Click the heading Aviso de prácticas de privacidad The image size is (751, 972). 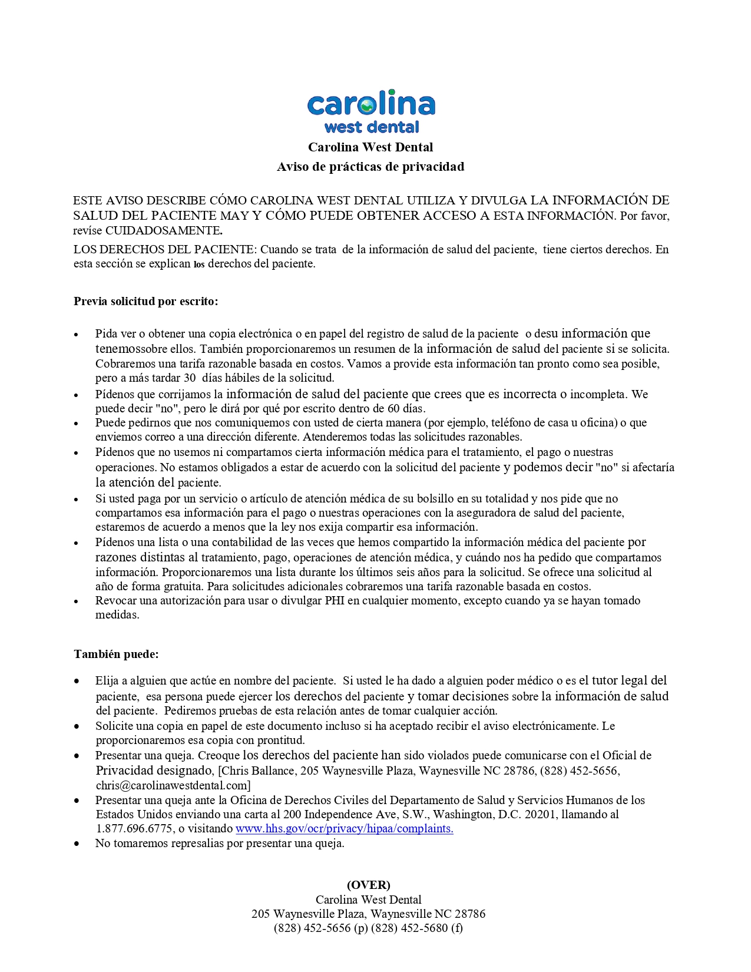point(370,167)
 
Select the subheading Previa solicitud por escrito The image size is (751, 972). point(145,302)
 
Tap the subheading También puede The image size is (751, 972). point(116,654)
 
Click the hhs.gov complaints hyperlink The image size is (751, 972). point(344,829)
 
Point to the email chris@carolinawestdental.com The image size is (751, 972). point(173,785)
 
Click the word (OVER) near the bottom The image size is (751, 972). point(368,885)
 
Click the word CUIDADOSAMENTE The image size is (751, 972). point(163,230)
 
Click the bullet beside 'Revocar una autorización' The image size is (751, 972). point(77,601)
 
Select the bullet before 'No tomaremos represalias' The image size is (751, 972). point(77,844)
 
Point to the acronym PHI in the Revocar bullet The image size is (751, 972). point(335,601)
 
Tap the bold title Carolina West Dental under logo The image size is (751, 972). point(370,147)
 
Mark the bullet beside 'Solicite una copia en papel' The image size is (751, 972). point(77,726)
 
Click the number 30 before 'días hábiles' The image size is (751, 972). point(190,378)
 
